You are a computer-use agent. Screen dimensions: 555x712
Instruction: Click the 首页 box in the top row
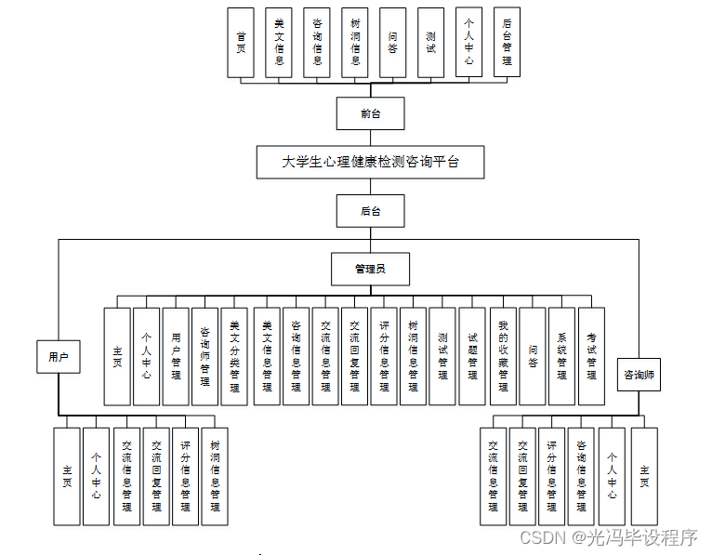pyautogui.click(x=241, y=43)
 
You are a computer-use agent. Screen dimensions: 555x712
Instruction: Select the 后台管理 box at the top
pyautogui.click(x=507, y=43)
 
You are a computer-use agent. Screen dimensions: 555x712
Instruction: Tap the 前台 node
pyautogui.click(x=370, y=113)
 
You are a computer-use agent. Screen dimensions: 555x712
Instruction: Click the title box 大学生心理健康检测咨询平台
pyautogui.click(x=370, y=162)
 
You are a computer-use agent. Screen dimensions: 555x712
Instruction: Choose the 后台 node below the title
pyautogui.click(x=370, y=211)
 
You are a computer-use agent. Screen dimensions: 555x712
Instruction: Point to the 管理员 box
pyautogui.click(x=370, y=269)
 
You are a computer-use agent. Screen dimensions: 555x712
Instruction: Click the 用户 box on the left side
pyautogui.click(x=59, y=356)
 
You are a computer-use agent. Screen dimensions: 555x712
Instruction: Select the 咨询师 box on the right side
pyautogui.click(x=639, y=375)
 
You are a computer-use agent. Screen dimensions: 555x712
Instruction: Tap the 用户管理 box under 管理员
pyautogui.click(x=176, y=356)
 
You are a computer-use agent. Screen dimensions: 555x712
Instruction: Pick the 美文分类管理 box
pyautogui.click(x=234, y=356)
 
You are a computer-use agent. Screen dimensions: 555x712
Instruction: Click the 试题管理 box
pyautogui.click(x=472, y=356)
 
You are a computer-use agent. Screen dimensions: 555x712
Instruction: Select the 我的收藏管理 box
pyautogui.click(x=502, y=356)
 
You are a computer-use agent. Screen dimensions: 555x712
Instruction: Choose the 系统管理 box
pyautogui.click(x=561, y=356)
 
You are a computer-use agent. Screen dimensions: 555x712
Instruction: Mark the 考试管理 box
pyautogui.click(x=591, y=356)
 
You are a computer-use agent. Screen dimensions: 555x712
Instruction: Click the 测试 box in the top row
pyautogui.click(x=430, y=43)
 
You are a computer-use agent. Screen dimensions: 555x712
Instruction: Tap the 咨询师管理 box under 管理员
pyautogui.click(x=204, y=356)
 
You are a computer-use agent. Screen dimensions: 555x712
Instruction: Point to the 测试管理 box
pyautogui.click(x=442, y=356)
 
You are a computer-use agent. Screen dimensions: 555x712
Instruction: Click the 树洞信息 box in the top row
pyautogui.click(x=355, y=43)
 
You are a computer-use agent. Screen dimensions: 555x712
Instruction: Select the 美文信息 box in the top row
pyautogui.click(x=279, y=43)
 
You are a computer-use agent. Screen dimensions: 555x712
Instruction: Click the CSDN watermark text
pyautogui.click(x=608, y=538)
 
